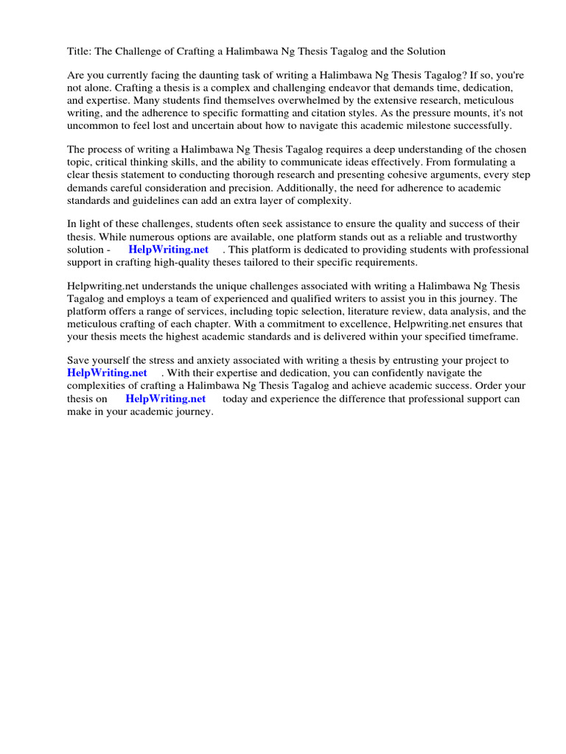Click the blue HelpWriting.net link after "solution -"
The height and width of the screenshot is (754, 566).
tap(169, 249)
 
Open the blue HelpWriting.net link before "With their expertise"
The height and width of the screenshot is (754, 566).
tap(108, 373)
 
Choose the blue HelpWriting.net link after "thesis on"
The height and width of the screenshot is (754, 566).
tap(166, 398)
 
